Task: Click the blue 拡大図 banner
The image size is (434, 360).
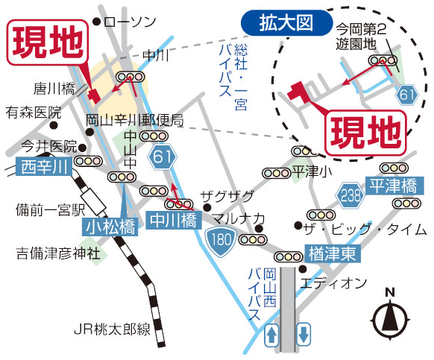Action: [286, 22]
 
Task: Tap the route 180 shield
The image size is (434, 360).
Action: [221, 240]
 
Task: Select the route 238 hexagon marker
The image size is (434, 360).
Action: [350, 195]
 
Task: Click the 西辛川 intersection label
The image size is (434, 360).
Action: [44, 166]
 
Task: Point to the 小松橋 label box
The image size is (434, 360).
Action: [110, 227]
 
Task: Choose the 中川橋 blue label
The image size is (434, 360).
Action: [173, 221]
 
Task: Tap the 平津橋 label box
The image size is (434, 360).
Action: [394, 186]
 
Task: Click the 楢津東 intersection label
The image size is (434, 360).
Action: [333, 253]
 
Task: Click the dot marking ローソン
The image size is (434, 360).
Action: [96, 22]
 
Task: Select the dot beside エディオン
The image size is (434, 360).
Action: [303, 268]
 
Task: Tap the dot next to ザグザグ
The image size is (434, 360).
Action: [207, 207]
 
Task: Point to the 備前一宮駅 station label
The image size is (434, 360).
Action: [51, 210]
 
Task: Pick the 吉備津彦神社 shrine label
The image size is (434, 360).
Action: [58, 253]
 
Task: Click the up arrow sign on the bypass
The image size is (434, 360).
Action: [271, 335]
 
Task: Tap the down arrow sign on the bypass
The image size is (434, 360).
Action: [304, 334]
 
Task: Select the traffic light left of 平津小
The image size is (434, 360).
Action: [276, 173]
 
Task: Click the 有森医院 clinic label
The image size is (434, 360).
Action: [34, 113]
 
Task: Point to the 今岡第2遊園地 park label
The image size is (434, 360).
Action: [361, 37]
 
